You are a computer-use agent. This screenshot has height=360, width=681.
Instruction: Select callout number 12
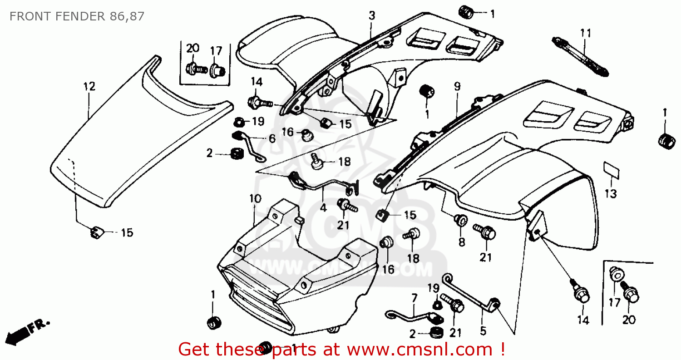89,86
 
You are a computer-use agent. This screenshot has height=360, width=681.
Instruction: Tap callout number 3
372,16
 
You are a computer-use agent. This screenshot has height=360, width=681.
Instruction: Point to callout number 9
457,86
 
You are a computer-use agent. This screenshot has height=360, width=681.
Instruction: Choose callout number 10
255,198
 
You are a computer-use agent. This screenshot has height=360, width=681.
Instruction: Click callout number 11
586,33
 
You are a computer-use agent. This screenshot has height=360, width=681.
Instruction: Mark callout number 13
611,194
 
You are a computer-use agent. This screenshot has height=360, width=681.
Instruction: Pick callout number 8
462,242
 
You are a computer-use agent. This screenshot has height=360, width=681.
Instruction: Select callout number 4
323,208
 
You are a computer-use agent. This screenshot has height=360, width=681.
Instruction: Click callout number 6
271,139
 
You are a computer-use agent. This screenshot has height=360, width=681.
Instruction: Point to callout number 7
414,299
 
